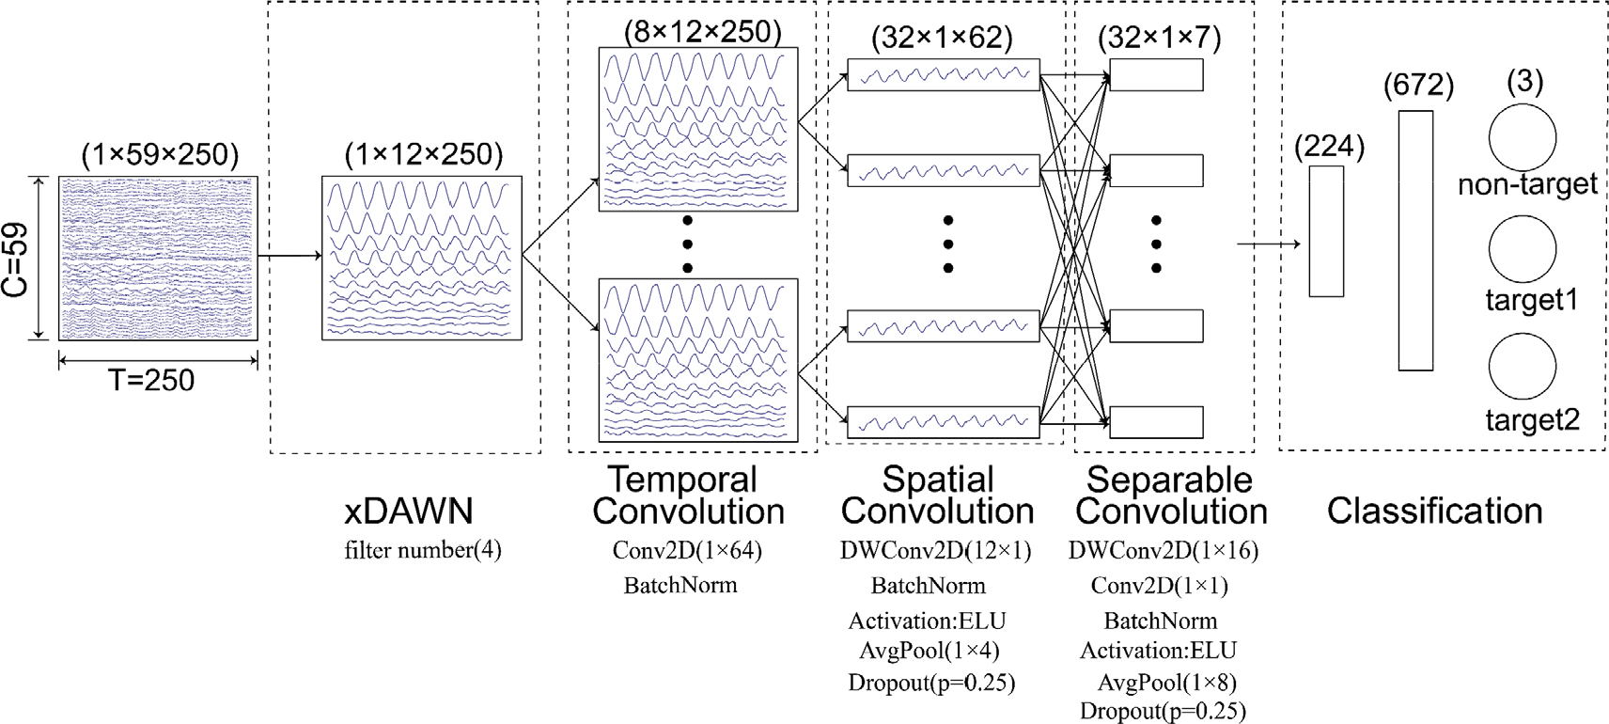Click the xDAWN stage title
click(409, 512)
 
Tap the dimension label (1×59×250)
click(160, 154)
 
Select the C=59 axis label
click(15, 260)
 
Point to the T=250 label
click(151, 381)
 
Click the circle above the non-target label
click(1522, 137)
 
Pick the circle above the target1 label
click(1522, 249)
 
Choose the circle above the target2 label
click(1522, 366)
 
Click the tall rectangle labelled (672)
click(1415, 241)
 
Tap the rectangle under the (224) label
click(1326, 231)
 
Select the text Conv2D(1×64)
click(687, 551)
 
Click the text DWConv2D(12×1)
click(935, 551)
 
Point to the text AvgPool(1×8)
click(1167, 682)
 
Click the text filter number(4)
click(423, 550)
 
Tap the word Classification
click(1434, 512)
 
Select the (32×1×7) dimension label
click(1159, 39)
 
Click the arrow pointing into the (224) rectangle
click(1269, 244)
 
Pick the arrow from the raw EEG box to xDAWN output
click(289, 255)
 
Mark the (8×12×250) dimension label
click(702, 32)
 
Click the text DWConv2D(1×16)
click(1163, 551)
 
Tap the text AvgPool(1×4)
click(929, 651)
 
